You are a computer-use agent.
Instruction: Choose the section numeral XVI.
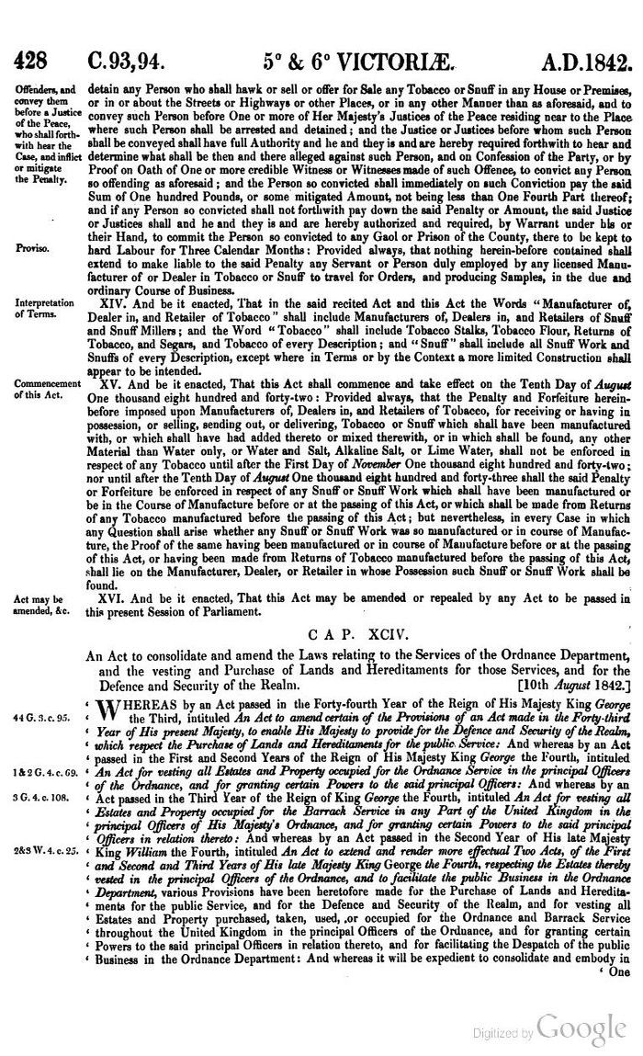point(115,598)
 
